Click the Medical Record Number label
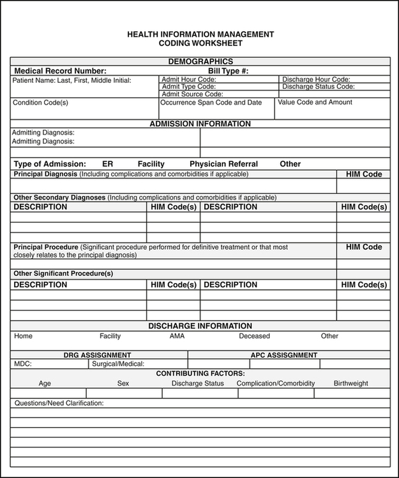pos(60,71)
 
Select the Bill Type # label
pos(228,71)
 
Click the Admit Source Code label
pos(192,94)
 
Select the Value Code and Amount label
pos(315,102)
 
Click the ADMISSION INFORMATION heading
pos(200,124)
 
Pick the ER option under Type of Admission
pos(107,164)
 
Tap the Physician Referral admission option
pos(223,164)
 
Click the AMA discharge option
pos(177,336)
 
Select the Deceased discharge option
pos(254,336)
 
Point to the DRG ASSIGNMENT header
pos(97,355)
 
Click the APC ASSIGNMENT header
pos(283,355)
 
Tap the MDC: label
pos(23,364)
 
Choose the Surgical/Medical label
pos(117,364)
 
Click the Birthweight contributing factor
pos(350,383)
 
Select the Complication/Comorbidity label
pos(275,383)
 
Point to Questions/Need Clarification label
pos(58,403)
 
